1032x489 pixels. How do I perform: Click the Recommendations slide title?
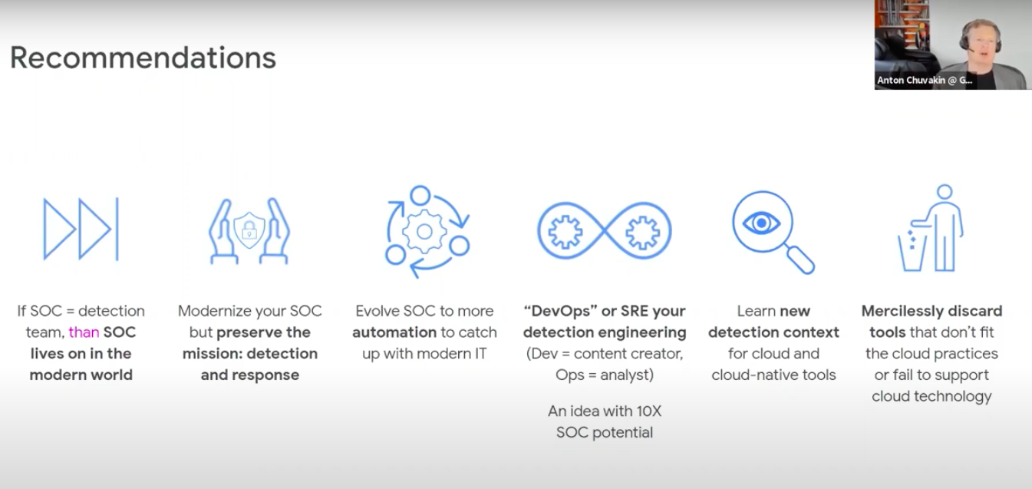click(x=143, y=58)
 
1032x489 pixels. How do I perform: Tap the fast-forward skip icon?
click(x=81, y=229)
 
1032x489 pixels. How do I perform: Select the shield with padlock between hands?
click(x=249, y=230)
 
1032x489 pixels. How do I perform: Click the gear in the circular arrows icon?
click(x=424, y=231)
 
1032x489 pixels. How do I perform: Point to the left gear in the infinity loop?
click(x=565, y=231)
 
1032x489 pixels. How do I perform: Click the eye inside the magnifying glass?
click(x=761, y=223)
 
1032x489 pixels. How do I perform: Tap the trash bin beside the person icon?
click(x=912, y=251)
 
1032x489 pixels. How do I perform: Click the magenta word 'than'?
click(x=84, y=332)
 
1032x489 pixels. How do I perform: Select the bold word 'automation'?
click(x=394, y=332)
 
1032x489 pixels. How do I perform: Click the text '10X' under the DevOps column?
click(x=649, y=411)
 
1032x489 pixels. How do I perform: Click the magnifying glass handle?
click(x=801, y=260)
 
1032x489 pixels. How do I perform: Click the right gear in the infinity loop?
click(x=642, y=231)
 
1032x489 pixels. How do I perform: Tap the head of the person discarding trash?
click(x=945, y=192)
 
